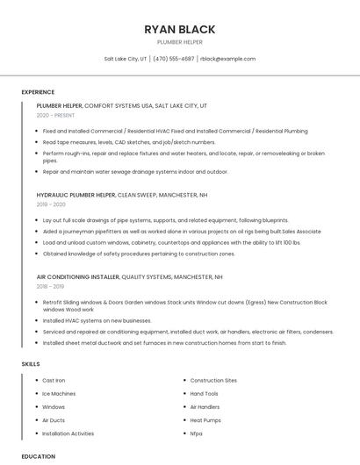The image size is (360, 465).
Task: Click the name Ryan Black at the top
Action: pyautogui.click(x=179, y=30)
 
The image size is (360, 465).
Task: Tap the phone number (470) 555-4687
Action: pyautogui.click(x=174, y=59)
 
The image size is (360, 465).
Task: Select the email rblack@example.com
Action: pyautogui.click(x=227, y=59)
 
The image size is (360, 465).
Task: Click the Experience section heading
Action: pyautogui.click(x=38, y=91)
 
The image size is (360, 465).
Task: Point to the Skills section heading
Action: pyautogui.click(x=31, y=363)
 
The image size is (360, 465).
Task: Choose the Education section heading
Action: pyautogui.click(x=39, y=456)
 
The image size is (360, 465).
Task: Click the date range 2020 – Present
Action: pyautogui.click(x=55, y=115)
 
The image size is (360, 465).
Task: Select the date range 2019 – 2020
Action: pyautogui.click(x=51, y=204)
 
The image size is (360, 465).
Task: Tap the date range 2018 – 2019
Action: pyautogui.click(x=50, y=286)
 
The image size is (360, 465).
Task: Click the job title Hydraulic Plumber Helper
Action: pyautogui.click(x=76, y=195)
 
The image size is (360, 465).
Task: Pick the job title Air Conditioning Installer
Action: pyautogui.click(x=78, y=276)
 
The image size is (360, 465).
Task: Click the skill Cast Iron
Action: pyautogui.click(x=54, y=380)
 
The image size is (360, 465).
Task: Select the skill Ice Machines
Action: pyautogui.click(x=59, y=393)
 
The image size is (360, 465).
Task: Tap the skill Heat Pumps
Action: pyautogui.click(x=205, y=420)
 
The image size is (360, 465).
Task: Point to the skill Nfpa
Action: pyautogui.click(x=196, y=433)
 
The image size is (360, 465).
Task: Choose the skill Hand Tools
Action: pyautogui.click(x=204, y=393)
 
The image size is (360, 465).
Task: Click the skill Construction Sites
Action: pyautogui.click(x=213, y=380)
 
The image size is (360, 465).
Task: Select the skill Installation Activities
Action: pyautogui.click(x=68, y=433)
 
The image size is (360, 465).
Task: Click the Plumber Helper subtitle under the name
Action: pyautogui.click(x=179, y=42)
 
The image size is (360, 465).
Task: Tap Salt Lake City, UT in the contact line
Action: pyautogui.click(x=126, y=59)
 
